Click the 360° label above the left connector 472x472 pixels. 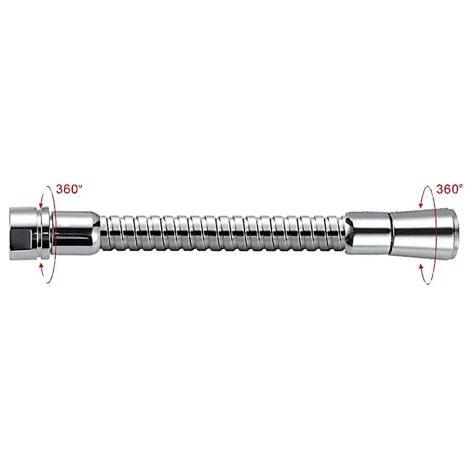point(69,189)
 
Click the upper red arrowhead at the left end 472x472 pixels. point(41,203)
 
